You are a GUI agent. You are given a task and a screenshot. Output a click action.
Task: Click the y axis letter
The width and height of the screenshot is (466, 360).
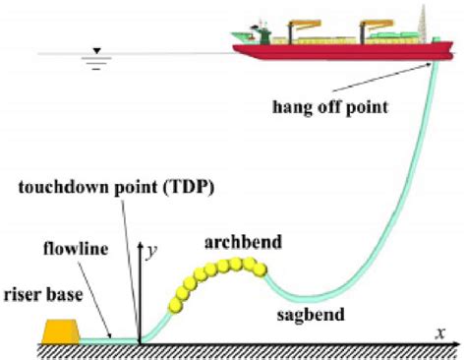(153, 251)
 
